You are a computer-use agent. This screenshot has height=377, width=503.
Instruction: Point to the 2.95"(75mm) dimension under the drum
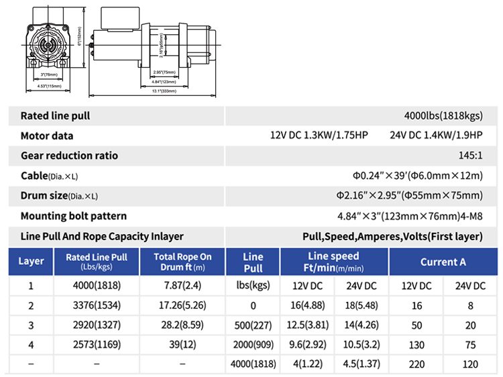coord(164,72)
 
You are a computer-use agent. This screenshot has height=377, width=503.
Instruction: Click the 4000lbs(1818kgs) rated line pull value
coord(443,115)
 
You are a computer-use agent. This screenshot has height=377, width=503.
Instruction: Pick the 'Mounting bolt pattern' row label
coord(74,216)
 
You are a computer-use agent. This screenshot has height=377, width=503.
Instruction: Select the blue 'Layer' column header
coord(32,261)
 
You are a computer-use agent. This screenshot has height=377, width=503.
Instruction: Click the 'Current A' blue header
coord(443,261)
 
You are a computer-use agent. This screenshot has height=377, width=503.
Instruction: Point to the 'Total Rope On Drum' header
coord(182,261)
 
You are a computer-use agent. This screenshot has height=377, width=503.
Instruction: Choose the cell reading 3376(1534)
coord(97,305)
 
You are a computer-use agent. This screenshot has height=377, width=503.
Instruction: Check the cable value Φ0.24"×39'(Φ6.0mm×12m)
coord(409,176)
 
